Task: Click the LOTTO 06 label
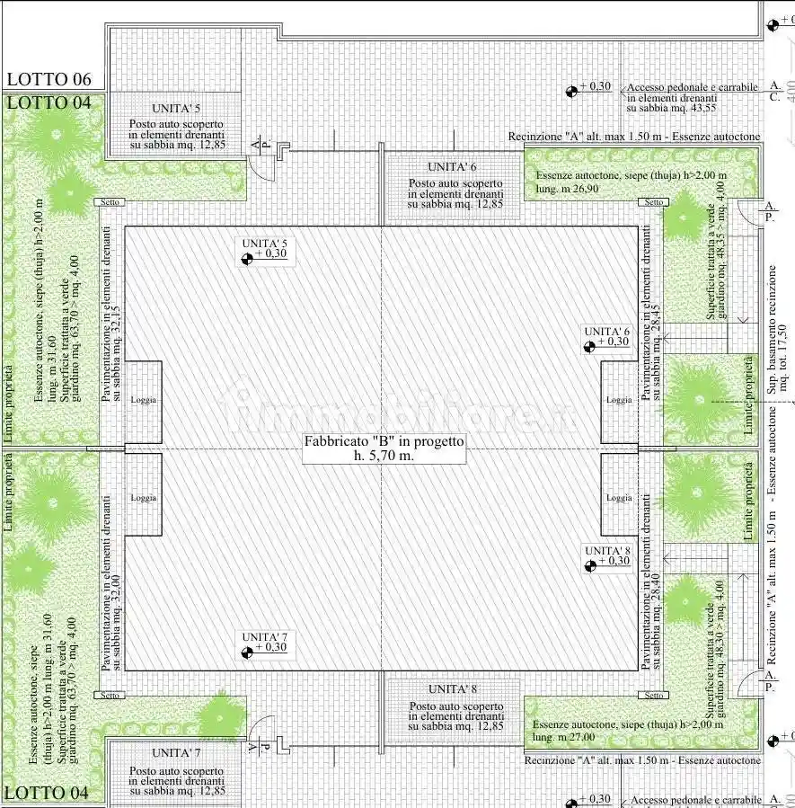[x=49, y=80]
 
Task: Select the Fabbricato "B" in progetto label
[x=384, y=441]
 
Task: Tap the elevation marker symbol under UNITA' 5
[x=247, y=259]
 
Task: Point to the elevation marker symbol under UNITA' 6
[x=590, y=347]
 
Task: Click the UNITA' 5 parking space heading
[x=175, y=110]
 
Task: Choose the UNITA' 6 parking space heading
[x=452, y=167]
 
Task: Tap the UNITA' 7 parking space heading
[x=176, y=752]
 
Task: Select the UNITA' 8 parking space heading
[x=452, y=689]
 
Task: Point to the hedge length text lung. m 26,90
[x=566, y=189]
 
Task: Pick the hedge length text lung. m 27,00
[x=563, y=737]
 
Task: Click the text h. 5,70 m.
[x=384, y=456]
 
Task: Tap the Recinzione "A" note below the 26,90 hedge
[x=633, y=137]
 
